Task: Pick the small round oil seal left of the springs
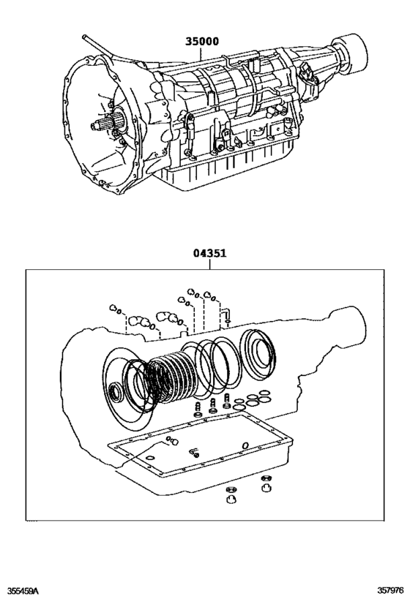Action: [116, 393]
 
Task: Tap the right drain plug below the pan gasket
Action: [266, 484]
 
